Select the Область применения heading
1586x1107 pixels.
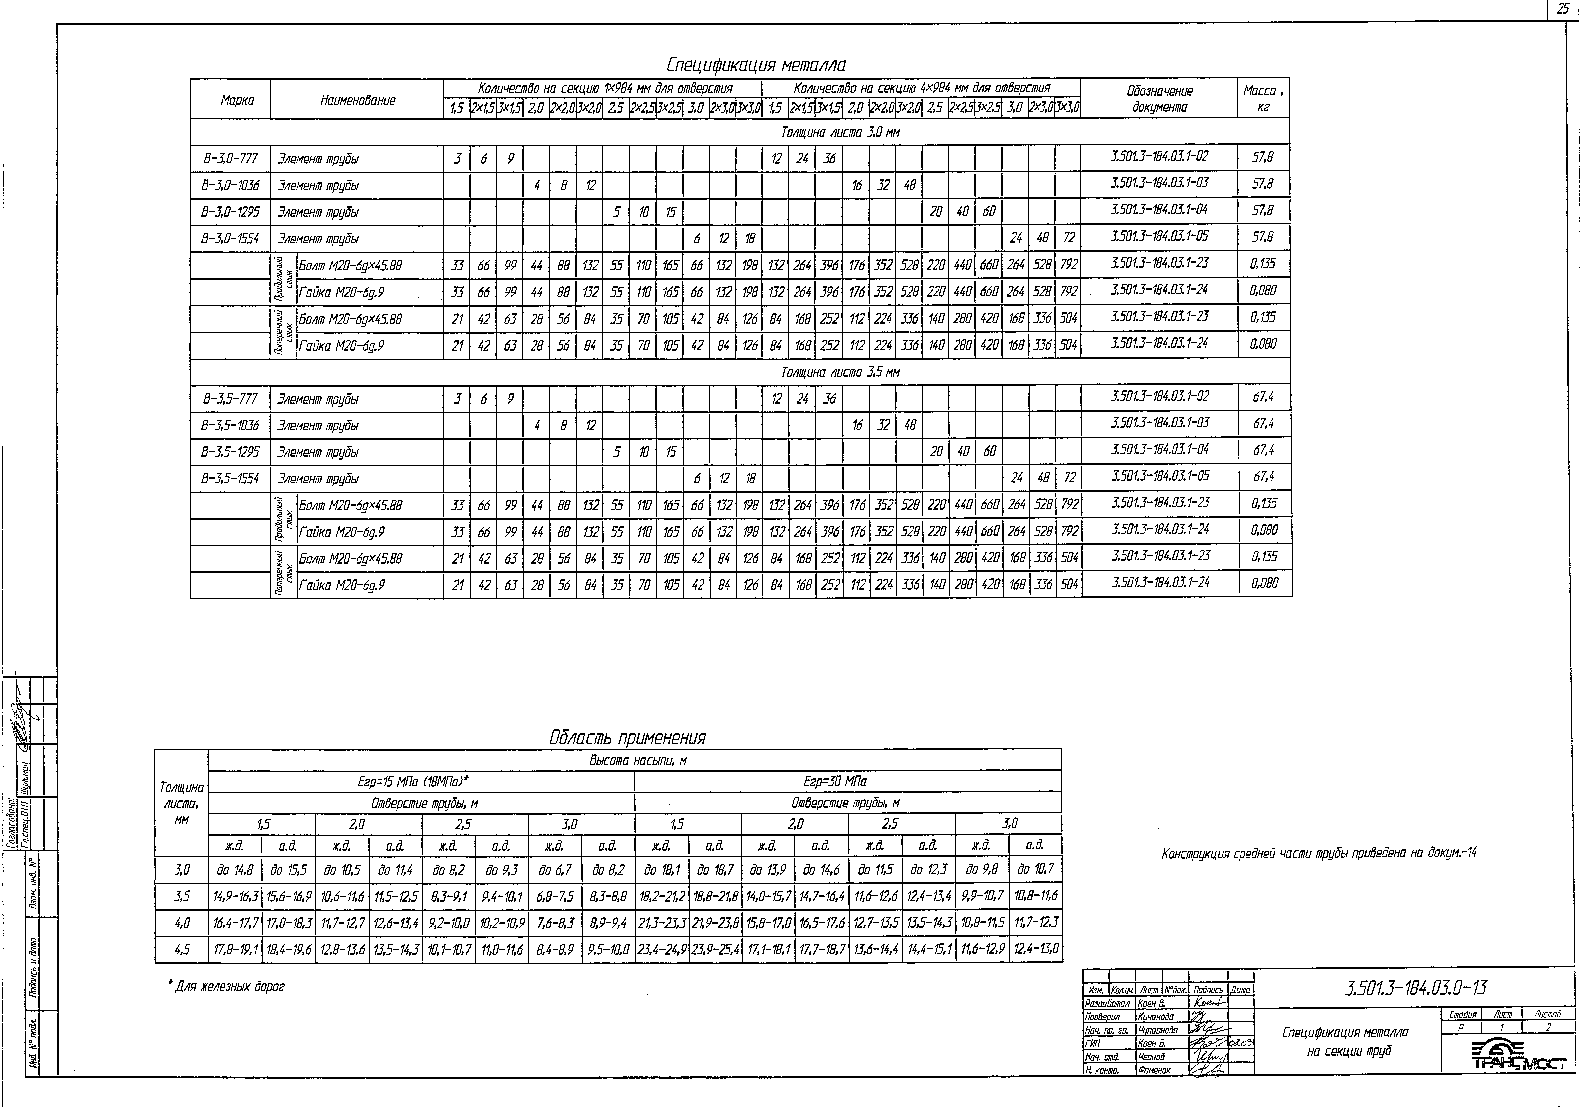point(627,738)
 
